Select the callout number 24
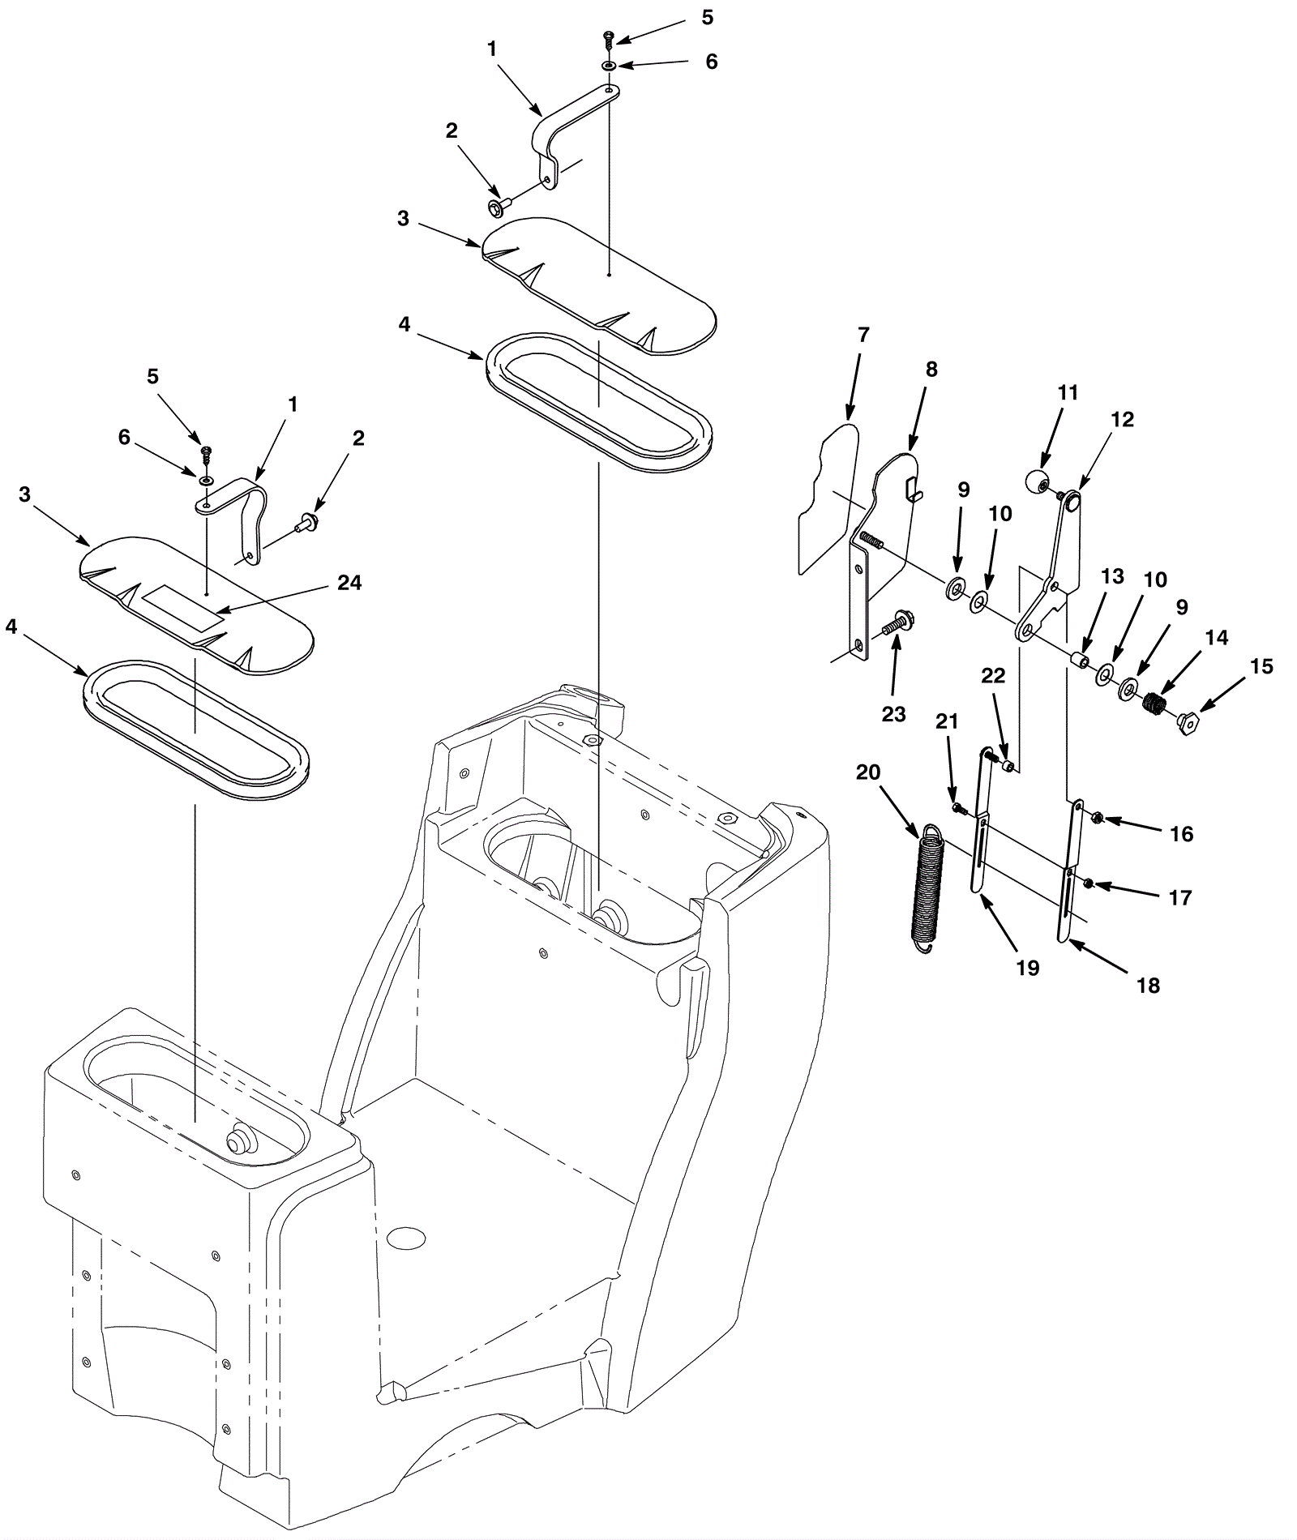tap(349, 583)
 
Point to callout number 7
tap(863, 335)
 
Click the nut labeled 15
tap(1188, 720)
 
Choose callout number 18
tap(1149, 986)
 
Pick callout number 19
tap(1027, 968)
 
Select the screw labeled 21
tap(958, 808)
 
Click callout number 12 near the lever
tap(1123, 420)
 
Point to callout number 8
tap(931, 370)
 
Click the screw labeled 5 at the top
tap(609, 36)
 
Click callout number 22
tap(994, 676)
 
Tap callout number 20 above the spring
tap(868, 772)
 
